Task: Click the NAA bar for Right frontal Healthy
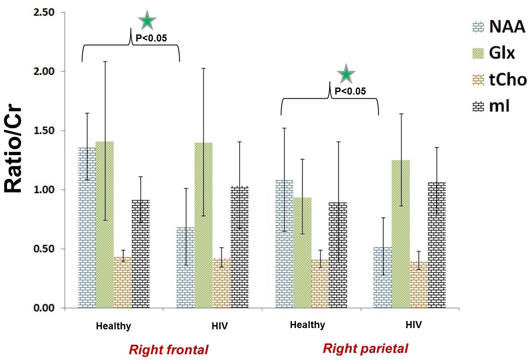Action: click(x=87, y=228)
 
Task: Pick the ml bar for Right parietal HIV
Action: click(x=437, y=245)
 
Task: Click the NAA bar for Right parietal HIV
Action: click(x=383, y=277)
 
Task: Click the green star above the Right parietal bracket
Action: click(x=347, y=75)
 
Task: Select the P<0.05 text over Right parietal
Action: click(x=350, y=91)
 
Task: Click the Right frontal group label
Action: click(x=169, y=350)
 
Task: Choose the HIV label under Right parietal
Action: click(x=413, y=325)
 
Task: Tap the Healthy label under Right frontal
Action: click(x=114, y=326)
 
